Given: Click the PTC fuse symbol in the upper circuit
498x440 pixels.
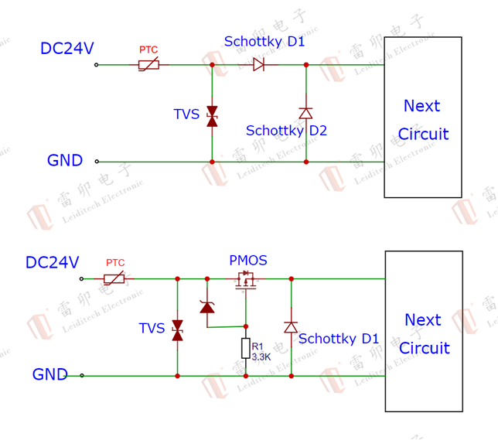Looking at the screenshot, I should click(149, 65).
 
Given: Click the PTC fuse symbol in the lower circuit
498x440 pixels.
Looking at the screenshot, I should click(114, 278).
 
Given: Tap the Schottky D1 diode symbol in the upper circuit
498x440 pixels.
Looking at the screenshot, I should click(259, 65).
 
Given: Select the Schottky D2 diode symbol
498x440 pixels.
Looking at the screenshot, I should click(305, 113).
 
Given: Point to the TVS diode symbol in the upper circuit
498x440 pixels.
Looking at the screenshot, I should click(212, 116).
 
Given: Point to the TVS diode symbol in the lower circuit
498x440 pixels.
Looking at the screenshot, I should click(177, 329).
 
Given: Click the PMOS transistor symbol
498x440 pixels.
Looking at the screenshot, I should click(246, 281).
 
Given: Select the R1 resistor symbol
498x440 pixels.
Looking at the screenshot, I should click(246, 349).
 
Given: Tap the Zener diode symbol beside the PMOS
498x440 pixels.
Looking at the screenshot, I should click(206, 307).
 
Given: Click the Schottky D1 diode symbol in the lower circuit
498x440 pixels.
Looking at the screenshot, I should click(291, 327).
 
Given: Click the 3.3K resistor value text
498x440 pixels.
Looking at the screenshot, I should click(261, 357).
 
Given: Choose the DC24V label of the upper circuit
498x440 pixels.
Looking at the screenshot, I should click(67, 49).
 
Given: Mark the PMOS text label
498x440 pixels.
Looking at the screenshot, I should click(247, 261).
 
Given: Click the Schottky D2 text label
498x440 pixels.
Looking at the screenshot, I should click(286, 131).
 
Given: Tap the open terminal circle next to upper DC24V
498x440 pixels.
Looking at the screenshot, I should click(97, 65).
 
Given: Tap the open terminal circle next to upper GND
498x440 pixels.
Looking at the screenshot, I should click(97, 162).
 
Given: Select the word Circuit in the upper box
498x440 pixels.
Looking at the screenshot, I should click(423, 134).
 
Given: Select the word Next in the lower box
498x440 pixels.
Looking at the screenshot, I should click(422, 319).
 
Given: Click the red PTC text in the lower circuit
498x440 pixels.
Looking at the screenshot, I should click(115, 263).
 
